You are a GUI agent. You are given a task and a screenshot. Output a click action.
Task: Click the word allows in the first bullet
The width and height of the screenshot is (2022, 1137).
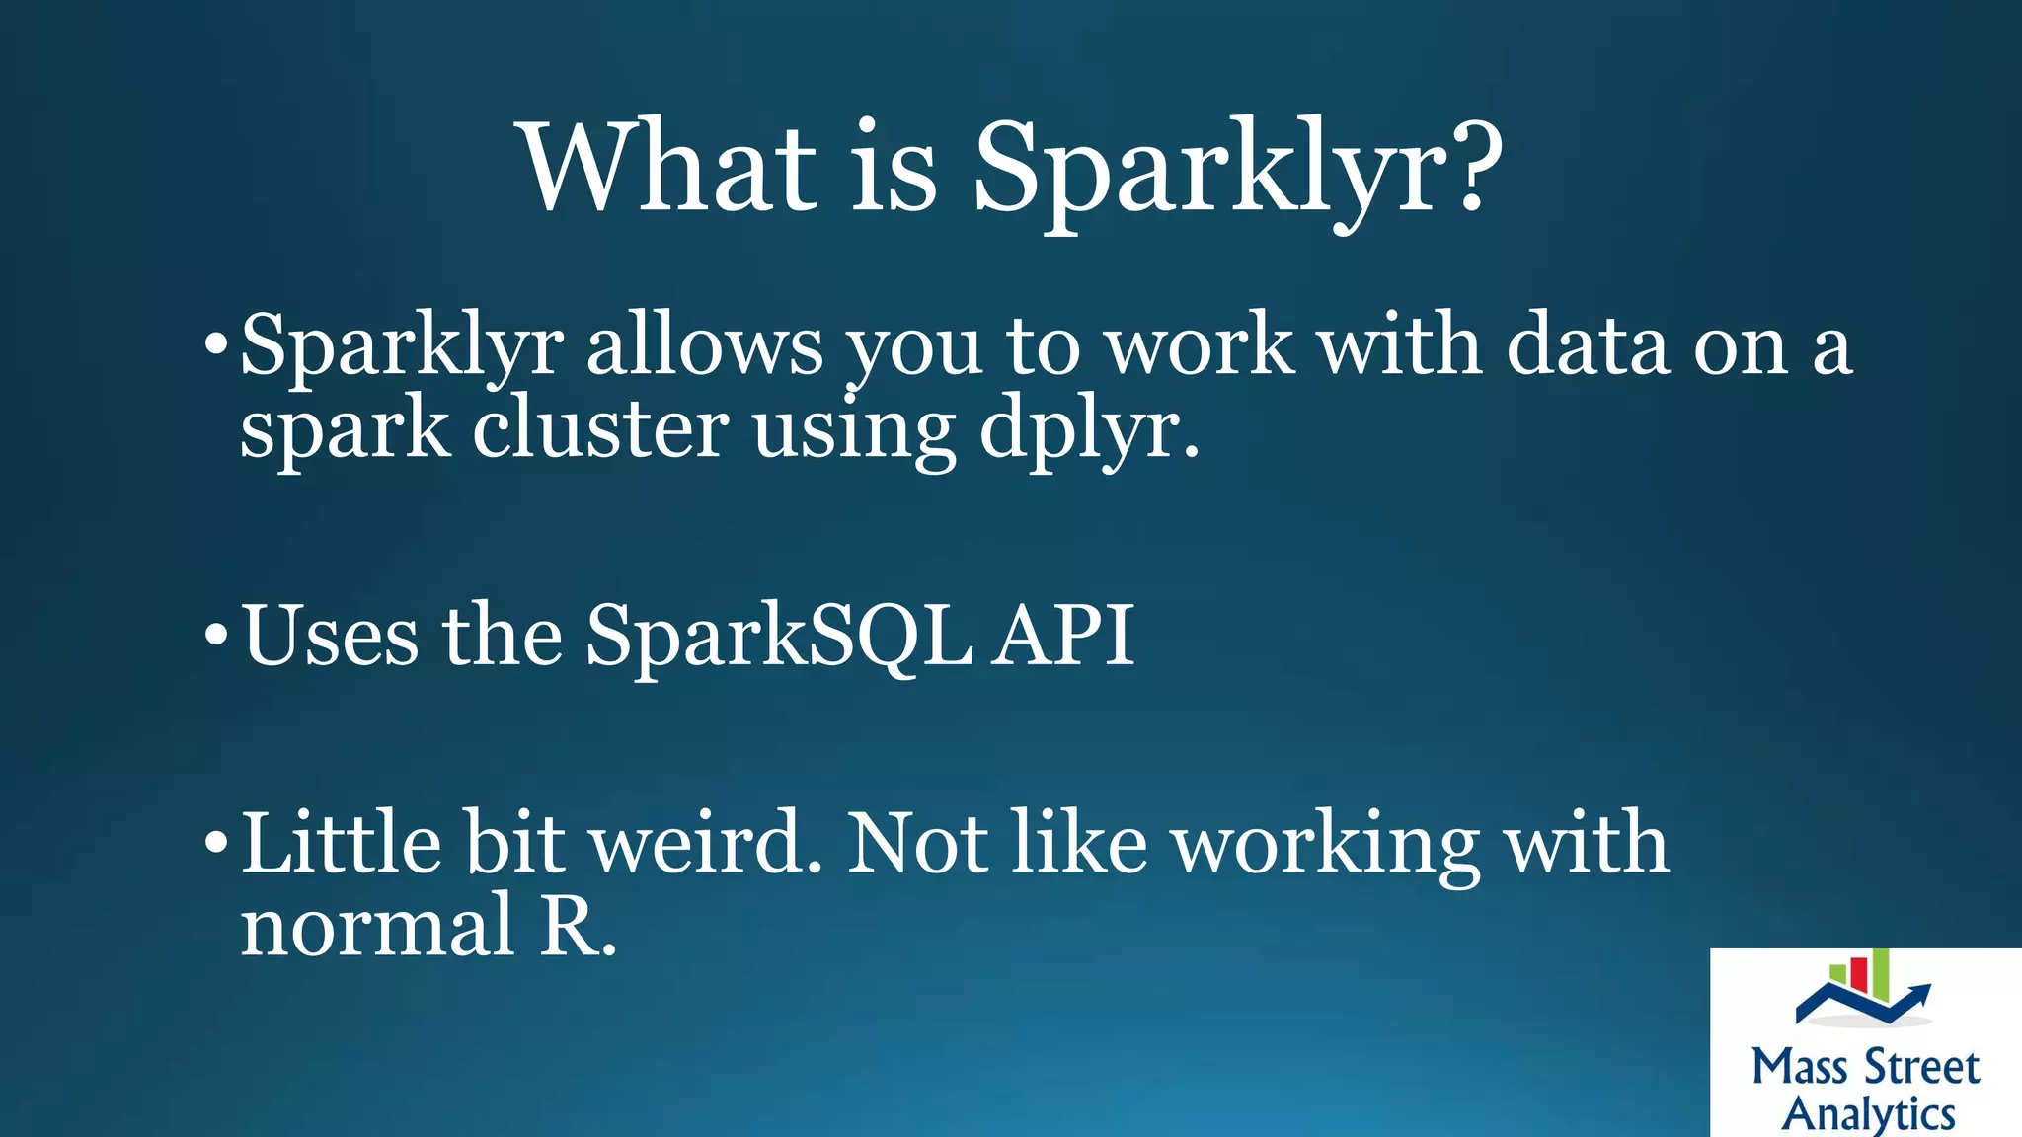click(x=704, y=345)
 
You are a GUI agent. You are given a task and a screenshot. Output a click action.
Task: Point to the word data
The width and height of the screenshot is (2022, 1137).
click(x=1586, y=345)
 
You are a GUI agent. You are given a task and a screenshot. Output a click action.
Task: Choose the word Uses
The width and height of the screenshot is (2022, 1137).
click(x=331, y=637)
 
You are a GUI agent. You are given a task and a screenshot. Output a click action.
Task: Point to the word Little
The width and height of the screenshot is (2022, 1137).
click(x=341, y=843)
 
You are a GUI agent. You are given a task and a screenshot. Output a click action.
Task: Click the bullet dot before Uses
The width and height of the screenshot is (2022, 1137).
click(x=215, y=633)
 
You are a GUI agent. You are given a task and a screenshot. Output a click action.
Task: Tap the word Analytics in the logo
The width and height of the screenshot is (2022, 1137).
click(x=1868, y=1113)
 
